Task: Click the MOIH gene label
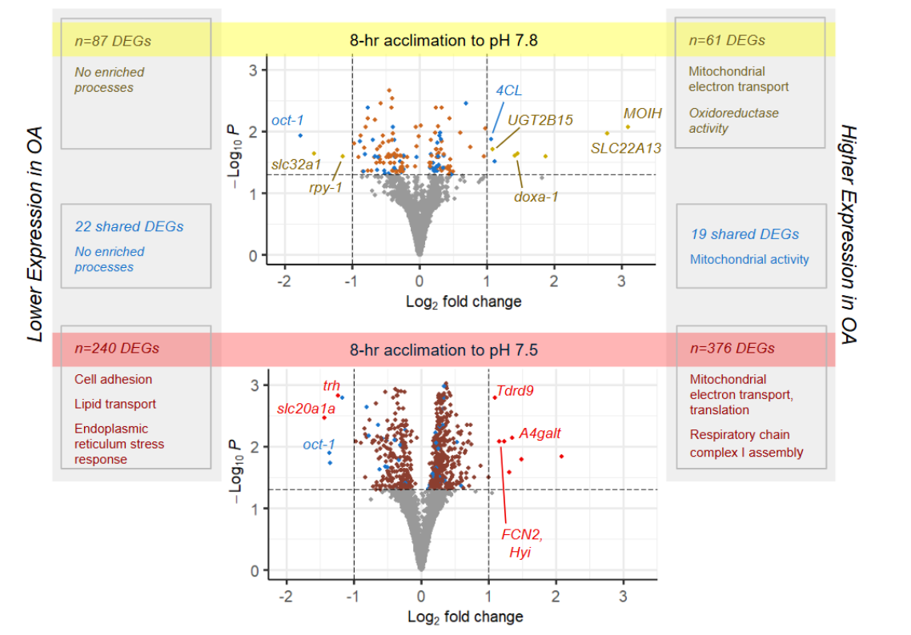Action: (643, 114)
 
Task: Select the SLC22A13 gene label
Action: (626, 148)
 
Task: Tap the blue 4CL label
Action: (508, 90)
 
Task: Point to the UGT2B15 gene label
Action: (540, 120)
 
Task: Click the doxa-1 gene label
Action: (536, 197)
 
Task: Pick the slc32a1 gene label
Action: (295, 165)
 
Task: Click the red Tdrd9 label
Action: (515, 391)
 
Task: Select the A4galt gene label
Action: (540, 433)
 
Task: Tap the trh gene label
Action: (331, 385)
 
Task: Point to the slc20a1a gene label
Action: (306, 409)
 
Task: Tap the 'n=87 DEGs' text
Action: (113, 39)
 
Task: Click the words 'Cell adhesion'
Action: (113, 379)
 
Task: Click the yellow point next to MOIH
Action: (628, 126)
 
